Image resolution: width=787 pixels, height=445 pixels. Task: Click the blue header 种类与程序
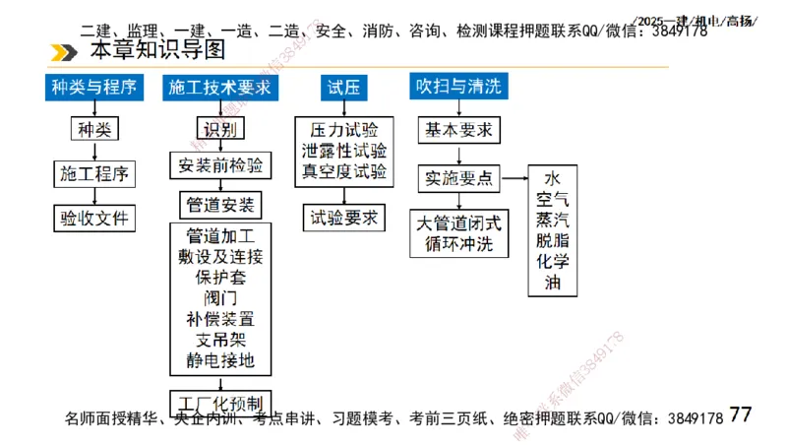95,88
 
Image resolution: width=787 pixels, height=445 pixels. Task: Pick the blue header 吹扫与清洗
459,87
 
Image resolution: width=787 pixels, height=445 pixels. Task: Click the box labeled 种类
94,129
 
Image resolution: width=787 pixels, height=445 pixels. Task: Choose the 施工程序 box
94,174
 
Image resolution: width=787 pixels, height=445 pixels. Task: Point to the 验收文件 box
94,218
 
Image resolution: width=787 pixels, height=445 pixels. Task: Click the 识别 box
219,129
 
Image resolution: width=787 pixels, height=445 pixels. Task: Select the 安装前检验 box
219,165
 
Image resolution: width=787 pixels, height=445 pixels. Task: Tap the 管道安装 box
219,204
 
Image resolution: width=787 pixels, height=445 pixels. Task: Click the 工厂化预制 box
219,403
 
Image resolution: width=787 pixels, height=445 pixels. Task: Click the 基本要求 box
459,129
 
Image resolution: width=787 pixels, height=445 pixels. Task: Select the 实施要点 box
459,178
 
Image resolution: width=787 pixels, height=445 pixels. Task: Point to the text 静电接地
219,361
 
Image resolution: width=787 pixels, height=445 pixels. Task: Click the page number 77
741,414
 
